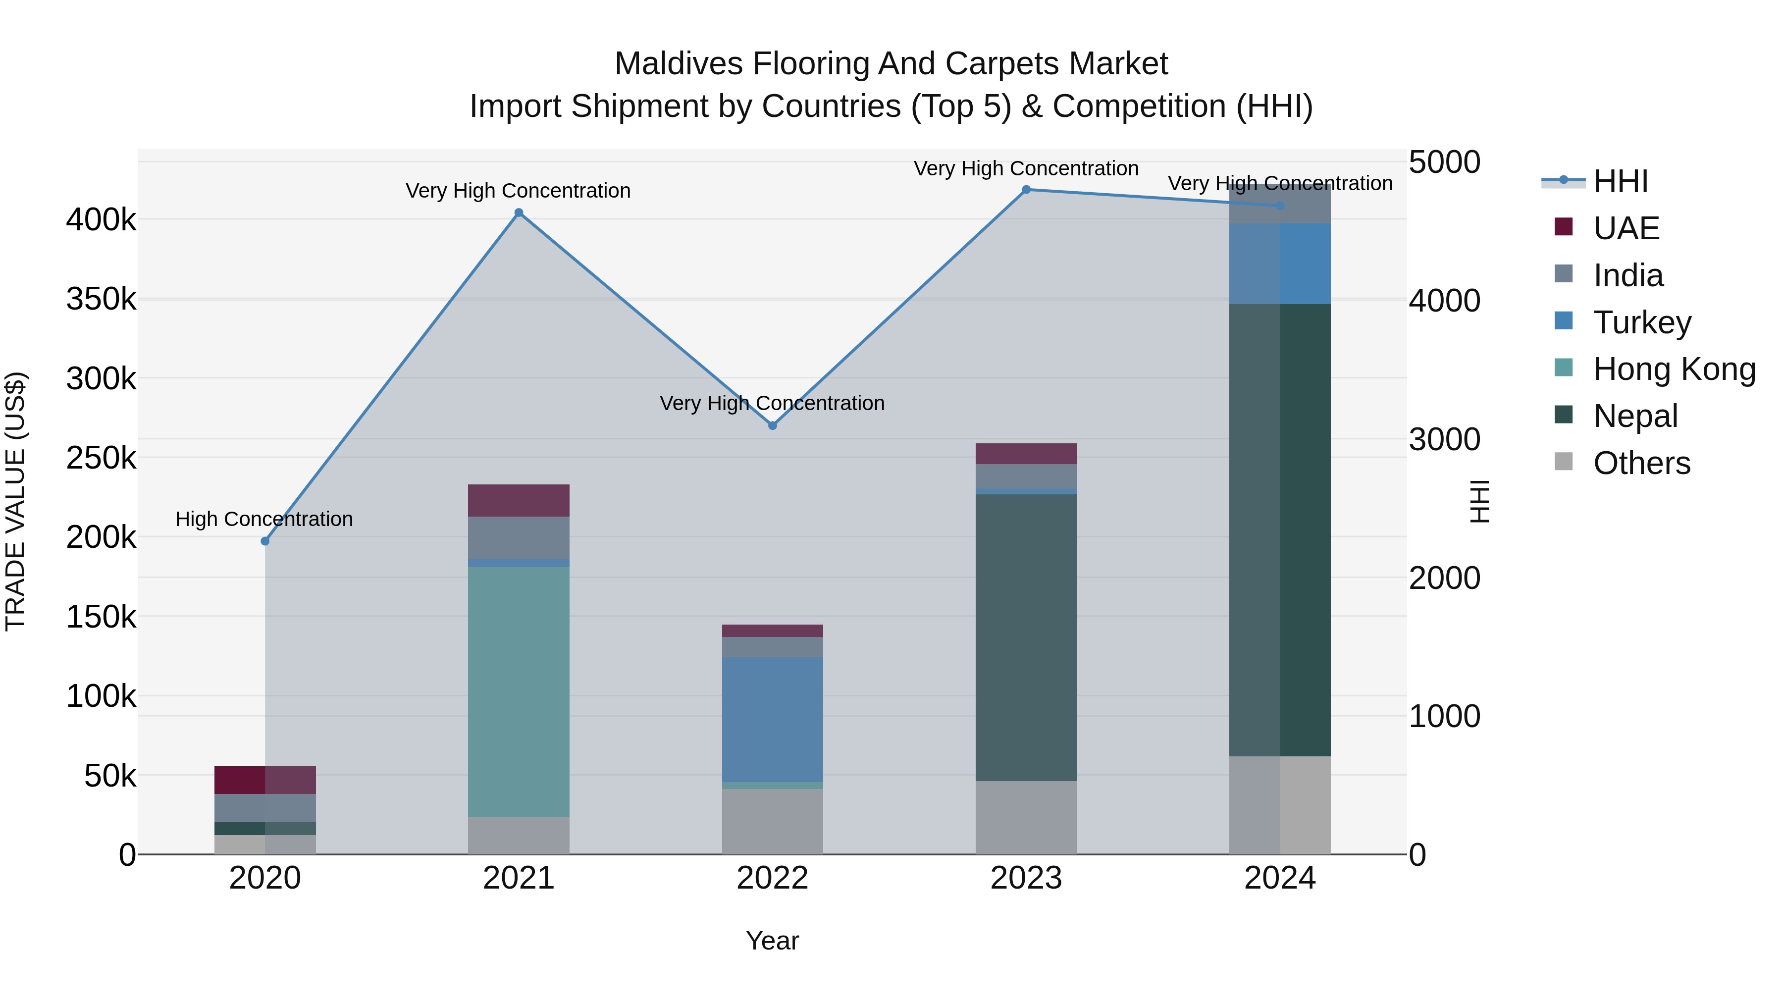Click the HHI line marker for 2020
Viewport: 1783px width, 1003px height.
[x=264, y=541]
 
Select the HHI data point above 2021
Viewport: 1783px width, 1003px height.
[x=519, y=213]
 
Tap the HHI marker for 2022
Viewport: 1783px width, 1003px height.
[x=773, y=425]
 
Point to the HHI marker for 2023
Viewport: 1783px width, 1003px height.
[x=1027, y=190]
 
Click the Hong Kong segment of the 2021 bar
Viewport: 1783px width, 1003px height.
[x=519, y=692]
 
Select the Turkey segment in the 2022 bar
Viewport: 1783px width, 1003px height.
[x=773, y=720]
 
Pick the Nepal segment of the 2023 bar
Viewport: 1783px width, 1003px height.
[x=1027, y=637]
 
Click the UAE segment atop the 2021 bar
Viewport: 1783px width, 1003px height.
[x=519, y=500]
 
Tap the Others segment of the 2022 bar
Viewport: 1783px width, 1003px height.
[x=773, y=822]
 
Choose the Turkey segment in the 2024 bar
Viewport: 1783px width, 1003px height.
[x=1280, y=264]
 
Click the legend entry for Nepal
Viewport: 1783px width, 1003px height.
[x=1634, y=416]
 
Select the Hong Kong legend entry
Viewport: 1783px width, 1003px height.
[x=1673, y=369]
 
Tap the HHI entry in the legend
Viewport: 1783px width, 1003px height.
[x=1620, y=181]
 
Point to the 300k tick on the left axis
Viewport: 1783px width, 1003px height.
[x=101, y=378]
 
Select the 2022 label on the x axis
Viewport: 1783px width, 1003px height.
[x=773, y=878]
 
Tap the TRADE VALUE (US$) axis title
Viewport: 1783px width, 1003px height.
[x=15, y=501]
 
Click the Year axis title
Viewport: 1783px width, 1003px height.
[x=773, y=941]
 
